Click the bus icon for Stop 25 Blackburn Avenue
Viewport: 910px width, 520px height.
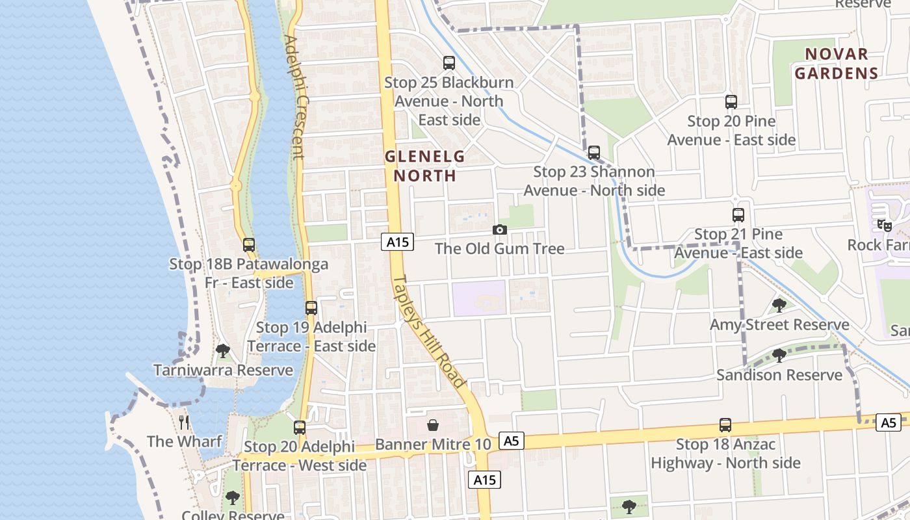point(449,63)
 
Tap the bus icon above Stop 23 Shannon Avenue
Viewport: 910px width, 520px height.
point(594,153)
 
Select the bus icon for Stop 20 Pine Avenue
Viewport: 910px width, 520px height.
point(731,102)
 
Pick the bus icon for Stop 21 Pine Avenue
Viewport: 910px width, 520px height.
point(738,215)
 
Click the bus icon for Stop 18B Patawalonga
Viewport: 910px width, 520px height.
point(249,245)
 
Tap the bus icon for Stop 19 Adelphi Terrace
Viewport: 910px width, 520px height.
point(311,308)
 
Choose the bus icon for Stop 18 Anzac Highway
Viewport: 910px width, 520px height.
point(725,425)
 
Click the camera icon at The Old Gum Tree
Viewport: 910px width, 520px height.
point(500,229)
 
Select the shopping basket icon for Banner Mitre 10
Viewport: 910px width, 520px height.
point(433,425)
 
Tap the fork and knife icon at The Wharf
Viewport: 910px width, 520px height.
point(185,422)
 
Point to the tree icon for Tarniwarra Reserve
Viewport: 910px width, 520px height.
point(223,351)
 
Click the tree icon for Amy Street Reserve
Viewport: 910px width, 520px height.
point(779,305)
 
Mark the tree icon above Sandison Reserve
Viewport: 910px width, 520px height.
point(779,356)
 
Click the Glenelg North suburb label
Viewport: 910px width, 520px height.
point(425,166)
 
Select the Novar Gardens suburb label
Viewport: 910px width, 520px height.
point(837,63)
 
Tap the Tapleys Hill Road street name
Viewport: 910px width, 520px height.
point(430,331)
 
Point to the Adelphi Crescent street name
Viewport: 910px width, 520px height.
point(294,97)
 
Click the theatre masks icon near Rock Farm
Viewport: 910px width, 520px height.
point(884,226)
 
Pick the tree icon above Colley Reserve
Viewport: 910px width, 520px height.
point(232,498)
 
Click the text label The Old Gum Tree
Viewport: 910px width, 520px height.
point(499,248)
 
